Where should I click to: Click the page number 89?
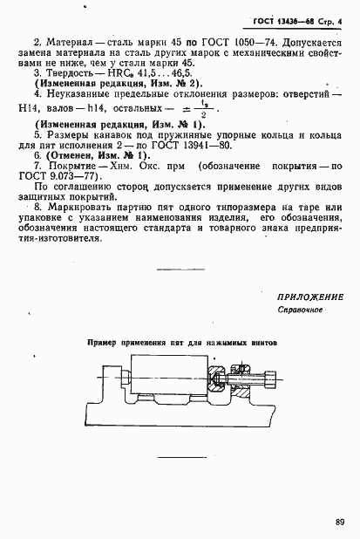tap(338, 522)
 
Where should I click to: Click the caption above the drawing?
tap(181, 344)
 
